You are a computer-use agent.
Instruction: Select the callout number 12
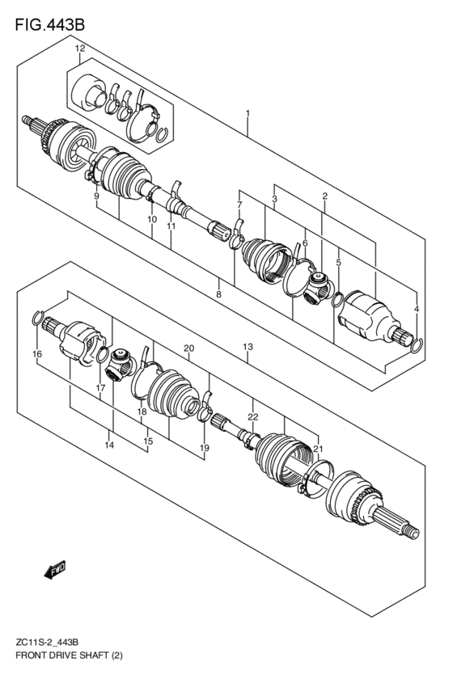(79, 50)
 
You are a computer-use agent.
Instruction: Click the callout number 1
(248, 114)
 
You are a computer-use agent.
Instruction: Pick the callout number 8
(218, 294)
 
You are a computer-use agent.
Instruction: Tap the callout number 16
(37, 354)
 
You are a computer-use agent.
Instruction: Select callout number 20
(188, 348)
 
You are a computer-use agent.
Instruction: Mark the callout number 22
(252, 417)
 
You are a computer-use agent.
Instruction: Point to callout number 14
(108, 445)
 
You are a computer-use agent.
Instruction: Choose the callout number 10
(151, 220)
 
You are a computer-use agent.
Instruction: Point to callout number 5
(338, 262)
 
